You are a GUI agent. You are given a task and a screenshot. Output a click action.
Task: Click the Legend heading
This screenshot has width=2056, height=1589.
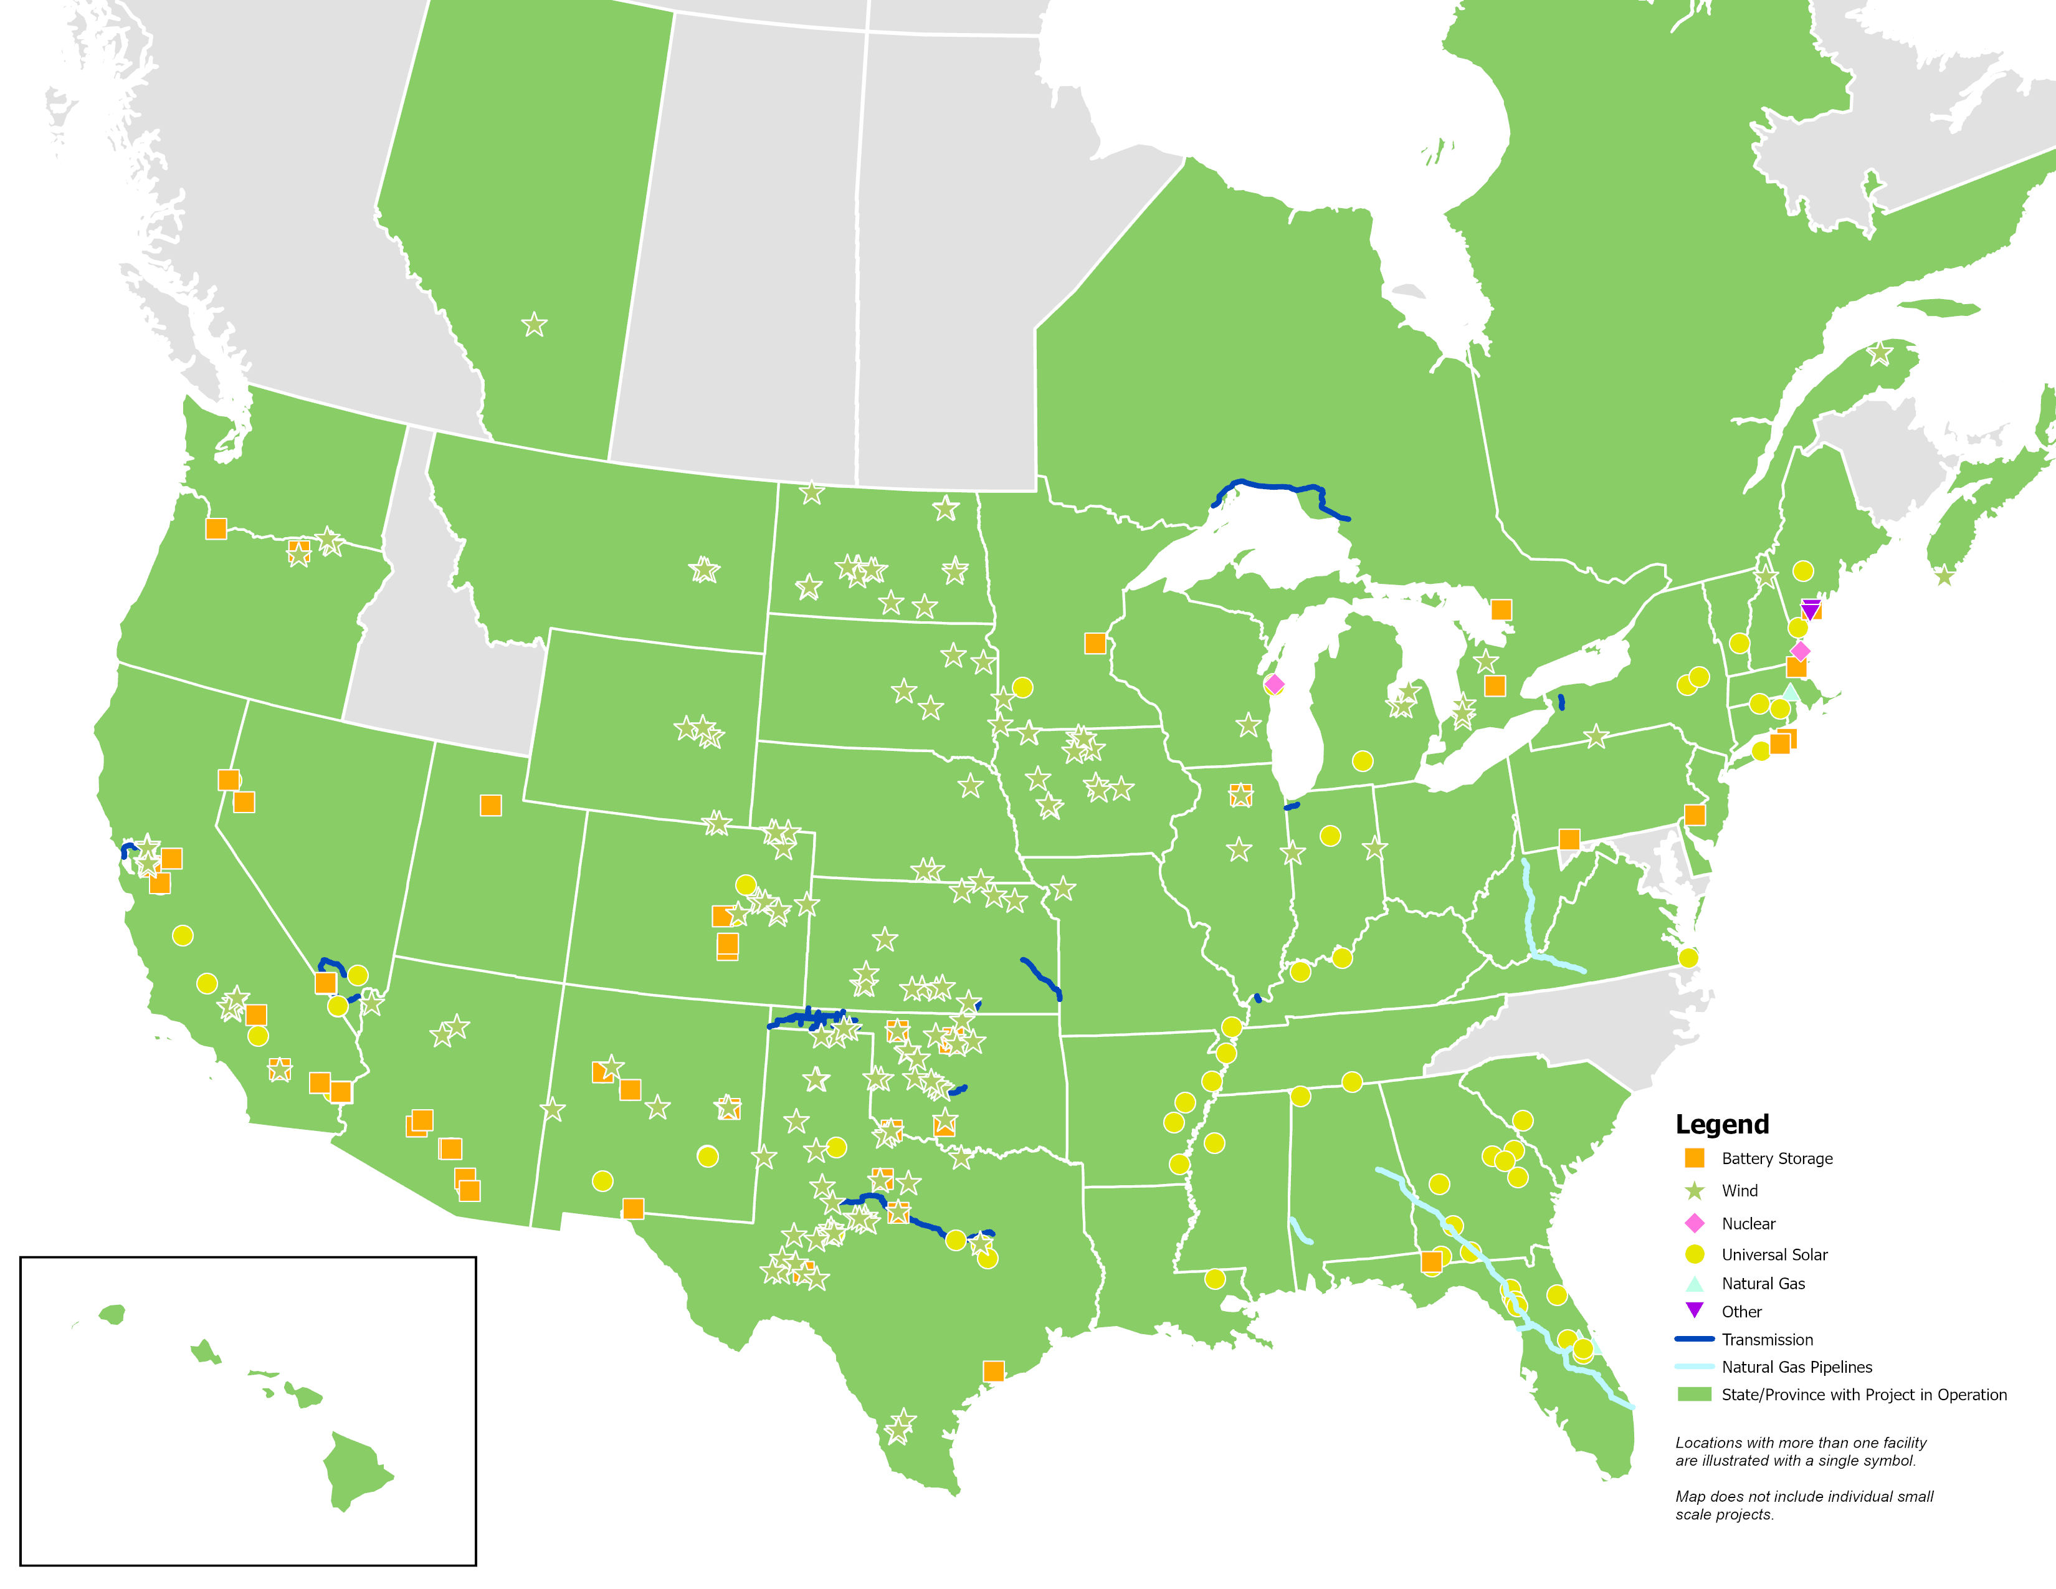coord(1722,1124)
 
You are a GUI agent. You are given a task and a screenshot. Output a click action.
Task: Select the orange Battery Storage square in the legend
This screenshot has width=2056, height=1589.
coord(1695,1158)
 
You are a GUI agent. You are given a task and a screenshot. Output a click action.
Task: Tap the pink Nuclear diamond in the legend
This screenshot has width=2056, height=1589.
coord(1695,1223)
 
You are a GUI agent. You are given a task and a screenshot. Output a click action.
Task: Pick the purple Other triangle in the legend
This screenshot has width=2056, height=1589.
coord(1695,1309)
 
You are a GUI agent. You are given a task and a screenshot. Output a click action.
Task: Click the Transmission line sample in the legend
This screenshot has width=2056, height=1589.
coord(1695,1338)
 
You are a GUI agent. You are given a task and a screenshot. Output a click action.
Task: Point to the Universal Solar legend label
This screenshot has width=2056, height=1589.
coord(1774,1254)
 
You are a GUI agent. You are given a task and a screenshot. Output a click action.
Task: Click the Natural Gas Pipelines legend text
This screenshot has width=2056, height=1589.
coord(1796,1367)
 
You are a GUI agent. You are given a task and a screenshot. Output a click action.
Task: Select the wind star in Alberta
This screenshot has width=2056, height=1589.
coord(534,325)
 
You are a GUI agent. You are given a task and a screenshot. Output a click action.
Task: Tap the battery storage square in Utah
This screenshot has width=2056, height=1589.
coord(490,805)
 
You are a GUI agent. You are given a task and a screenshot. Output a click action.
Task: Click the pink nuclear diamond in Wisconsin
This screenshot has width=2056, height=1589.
coord(1273,684)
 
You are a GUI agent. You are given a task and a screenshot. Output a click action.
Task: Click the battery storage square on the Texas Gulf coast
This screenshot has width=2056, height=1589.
coord(993,1371)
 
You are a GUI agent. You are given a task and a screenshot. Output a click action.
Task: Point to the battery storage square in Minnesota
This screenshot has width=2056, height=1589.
coord(1095,643)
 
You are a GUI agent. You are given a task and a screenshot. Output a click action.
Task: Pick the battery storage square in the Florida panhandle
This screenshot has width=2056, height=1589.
coord(1431,1261)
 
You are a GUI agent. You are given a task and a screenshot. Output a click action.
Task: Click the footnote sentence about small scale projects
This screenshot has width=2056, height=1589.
coord(1803,1504)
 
